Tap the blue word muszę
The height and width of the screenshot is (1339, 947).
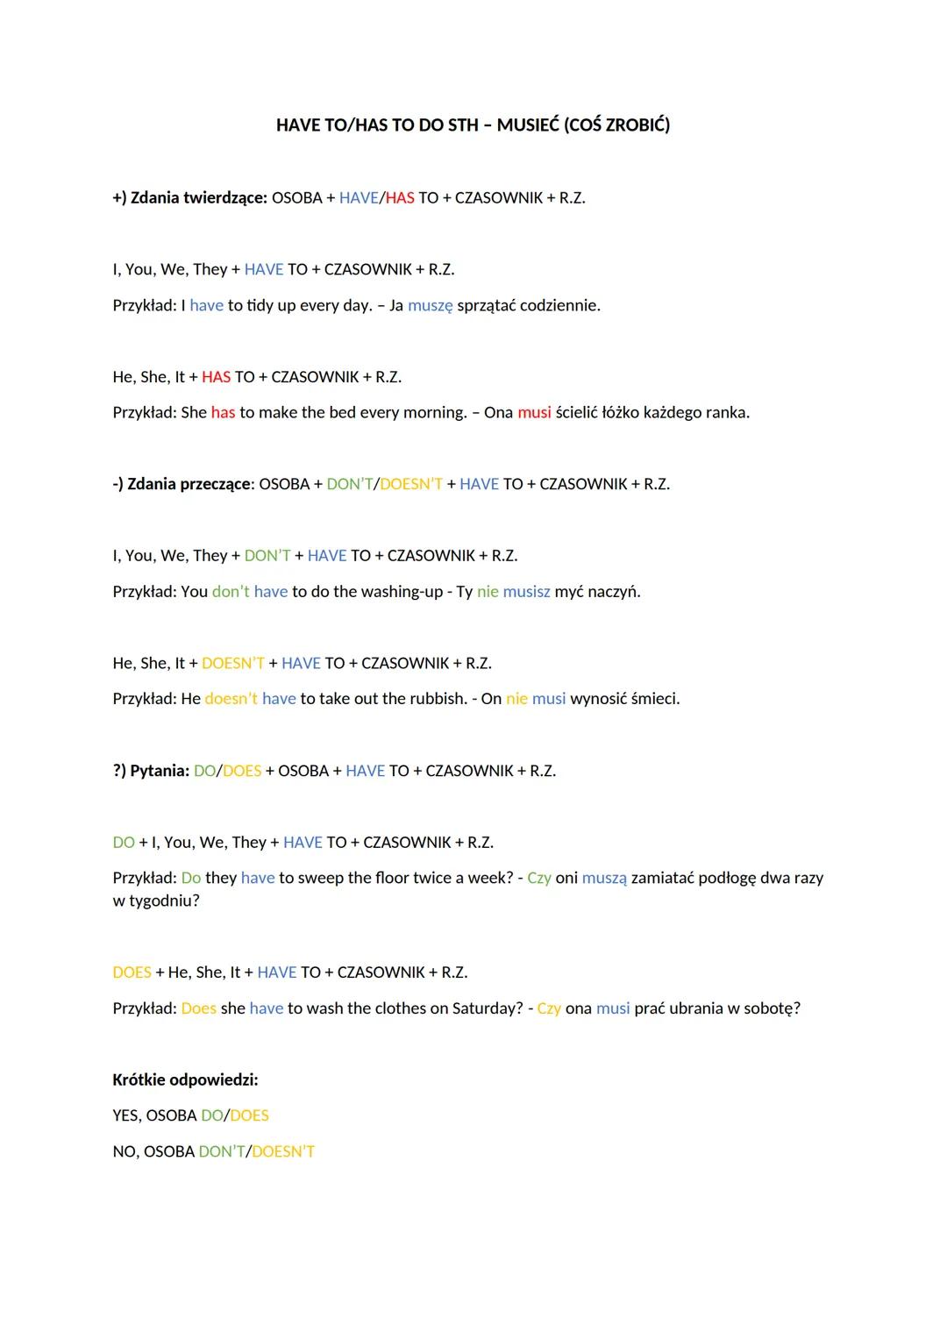(x=431, y=306)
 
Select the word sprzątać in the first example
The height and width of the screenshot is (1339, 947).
(x=486, y=306)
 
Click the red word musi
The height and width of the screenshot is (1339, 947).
(x=534, y=413)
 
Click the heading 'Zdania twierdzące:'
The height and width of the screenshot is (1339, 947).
(x=198, y=198)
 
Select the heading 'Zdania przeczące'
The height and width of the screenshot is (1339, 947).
(x=189, y=484)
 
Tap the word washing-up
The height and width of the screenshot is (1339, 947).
(x=405, y=592)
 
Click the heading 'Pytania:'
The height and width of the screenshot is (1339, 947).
(x=160, y=771)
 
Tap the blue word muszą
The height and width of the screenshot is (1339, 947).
(x=604, y=879)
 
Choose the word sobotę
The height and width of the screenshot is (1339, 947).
(x=772, y=1008)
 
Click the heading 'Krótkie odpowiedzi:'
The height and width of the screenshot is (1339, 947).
(x=185, y=1080)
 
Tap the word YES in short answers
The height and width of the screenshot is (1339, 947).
(x=125, y=1116)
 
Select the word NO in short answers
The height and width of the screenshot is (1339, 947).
(x=123, y=1152)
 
